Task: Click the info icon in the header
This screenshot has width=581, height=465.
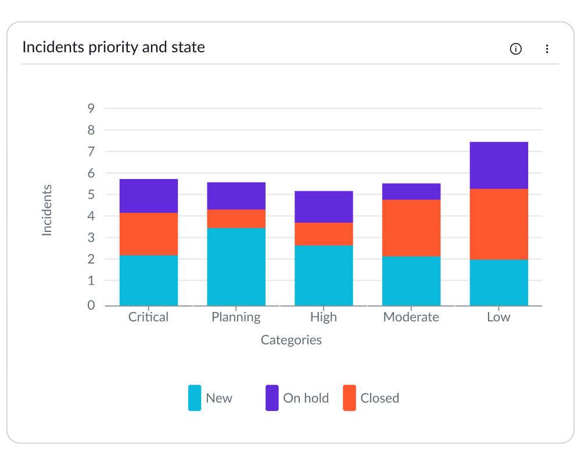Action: (515, 49)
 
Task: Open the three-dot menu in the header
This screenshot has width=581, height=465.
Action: (547, 49)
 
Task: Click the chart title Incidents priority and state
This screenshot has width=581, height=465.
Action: (113, 47)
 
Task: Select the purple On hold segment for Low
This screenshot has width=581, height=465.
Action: (498, 165)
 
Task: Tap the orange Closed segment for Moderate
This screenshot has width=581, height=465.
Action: (411, 228)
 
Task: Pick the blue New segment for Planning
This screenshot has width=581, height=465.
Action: (236, 266)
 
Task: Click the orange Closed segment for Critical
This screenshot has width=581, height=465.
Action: (149, 234)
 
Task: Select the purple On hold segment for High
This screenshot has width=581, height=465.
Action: (324, 206)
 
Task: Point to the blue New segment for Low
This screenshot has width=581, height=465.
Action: (498, 282)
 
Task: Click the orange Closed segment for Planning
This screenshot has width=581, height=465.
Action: (236, 219)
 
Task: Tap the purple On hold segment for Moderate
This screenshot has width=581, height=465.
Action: (411, 191)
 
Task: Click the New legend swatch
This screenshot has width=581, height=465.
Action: (195, 398)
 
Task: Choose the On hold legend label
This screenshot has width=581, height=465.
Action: (306, 398)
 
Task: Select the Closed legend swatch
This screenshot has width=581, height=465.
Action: (349, 398)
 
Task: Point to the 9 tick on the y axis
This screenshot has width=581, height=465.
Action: (91, 108)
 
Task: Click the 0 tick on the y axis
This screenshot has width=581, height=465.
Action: (91, 305)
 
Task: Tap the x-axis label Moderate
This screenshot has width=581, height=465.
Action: (411, 317)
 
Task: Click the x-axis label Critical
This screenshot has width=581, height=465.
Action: (149, 317)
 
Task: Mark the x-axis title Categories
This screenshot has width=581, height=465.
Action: (291, 340)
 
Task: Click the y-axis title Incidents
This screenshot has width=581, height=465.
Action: (47, 210)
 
